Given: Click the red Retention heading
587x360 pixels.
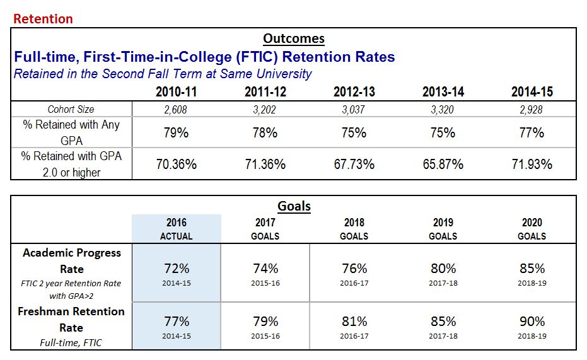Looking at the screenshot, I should (x=44, y=19).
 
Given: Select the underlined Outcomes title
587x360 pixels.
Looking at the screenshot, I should (x=293, y=38).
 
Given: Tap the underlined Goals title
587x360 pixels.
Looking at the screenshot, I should (x=294, y=206).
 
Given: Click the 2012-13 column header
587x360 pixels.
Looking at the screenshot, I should (x=354, y=92).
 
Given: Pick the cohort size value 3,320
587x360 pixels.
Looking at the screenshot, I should (x=443, y=109).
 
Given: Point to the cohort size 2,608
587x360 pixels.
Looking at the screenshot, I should (x=177, y=109).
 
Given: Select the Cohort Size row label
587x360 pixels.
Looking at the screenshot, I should (x=71, y=109).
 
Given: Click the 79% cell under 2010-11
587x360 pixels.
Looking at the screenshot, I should (x=177, y=133).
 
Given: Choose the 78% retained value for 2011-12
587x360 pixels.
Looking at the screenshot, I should (x=265, y=133).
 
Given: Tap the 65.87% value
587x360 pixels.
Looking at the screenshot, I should (x=443, y=164).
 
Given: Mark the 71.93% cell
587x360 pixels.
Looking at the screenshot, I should (x=532, y=164).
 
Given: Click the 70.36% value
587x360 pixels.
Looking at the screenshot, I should (x=177, y=164).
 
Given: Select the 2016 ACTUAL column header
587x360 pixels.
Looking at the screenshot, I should (x=177, y=229).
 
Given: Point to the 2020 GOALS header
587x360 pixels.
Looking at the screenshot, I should (x=532, y=229).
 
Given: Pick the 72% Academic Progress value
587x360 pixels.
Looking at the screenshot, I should (x=177, y=269).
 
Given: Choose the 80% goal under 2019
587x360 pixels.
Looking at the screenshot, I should (x=443, y=269).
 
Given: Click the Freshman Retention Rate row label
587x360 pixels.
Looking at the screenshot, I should (x=71, y=319).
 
